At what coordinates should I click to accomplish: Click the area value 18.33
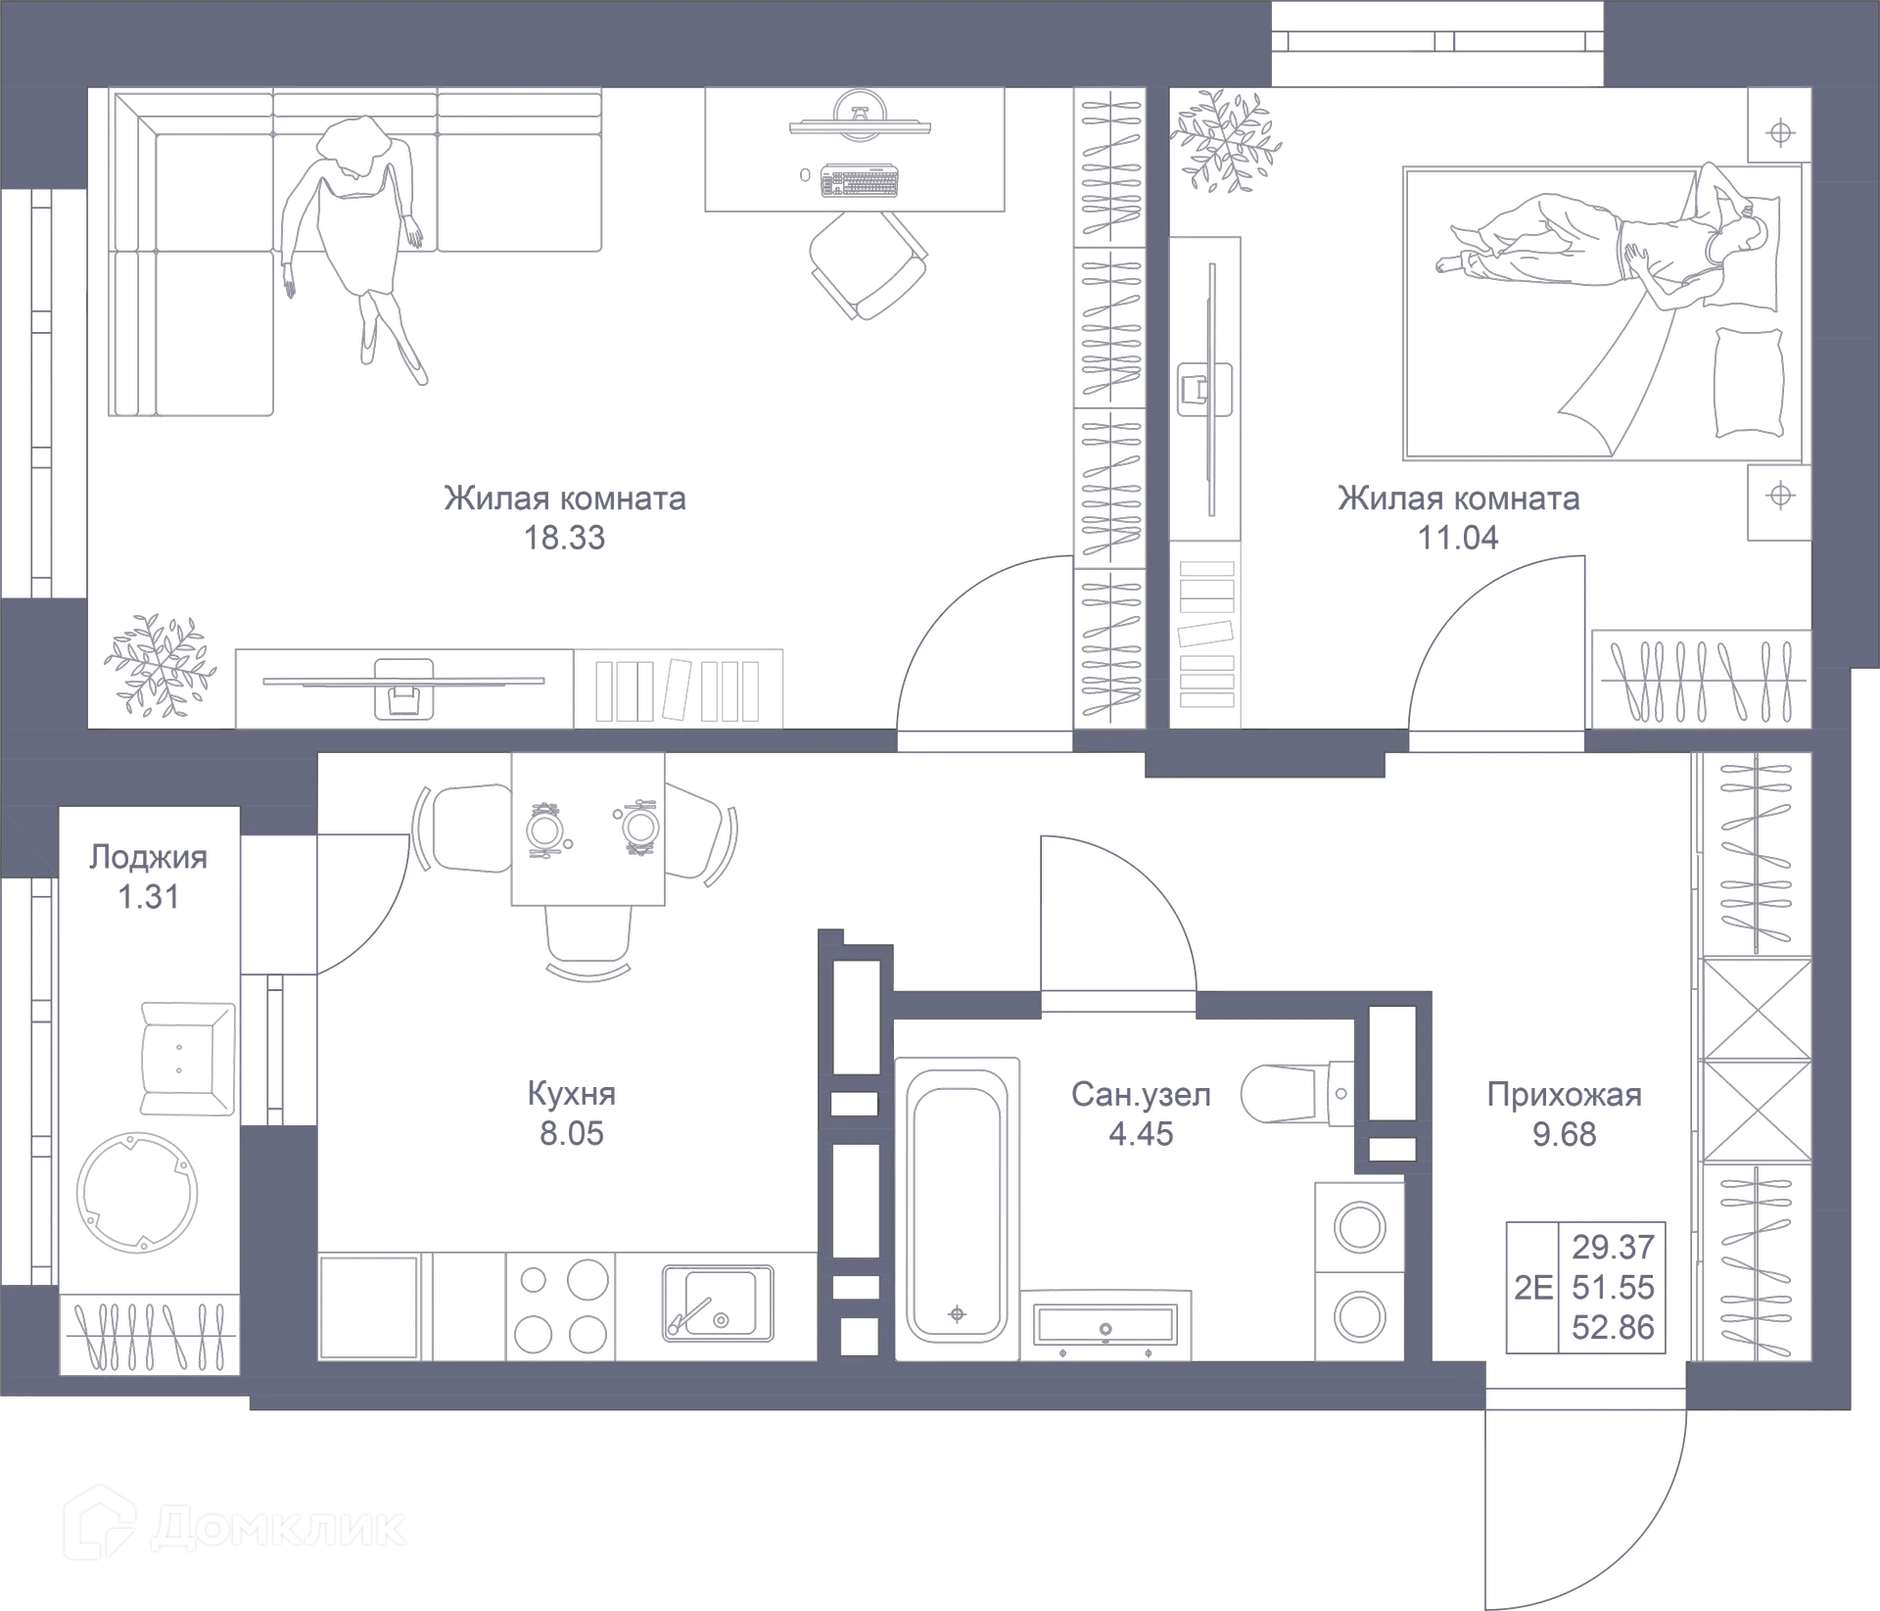pos(565,538)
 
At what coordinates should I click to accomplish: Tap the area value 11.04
pos(1457,539)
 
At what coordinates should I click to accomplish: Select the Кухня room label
pos(572,1092)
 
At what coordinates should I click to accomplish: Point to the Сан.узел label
pos(1140,1094)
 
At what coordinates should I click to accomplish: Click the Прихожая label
pos(1564,1095)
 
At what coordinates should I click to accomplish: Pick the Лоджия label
pos(148,857)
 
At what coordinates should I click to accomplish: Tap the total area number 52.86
pos(1613,1327)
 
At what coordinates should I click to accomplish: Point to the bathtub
pos(957,1205)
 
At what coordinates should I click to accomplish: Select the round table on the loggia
pos(138,1192)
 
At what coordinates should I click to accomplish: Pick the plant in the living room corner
pos(159,666)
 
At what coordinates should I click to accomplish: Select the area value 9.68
pos(1564,1134)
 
